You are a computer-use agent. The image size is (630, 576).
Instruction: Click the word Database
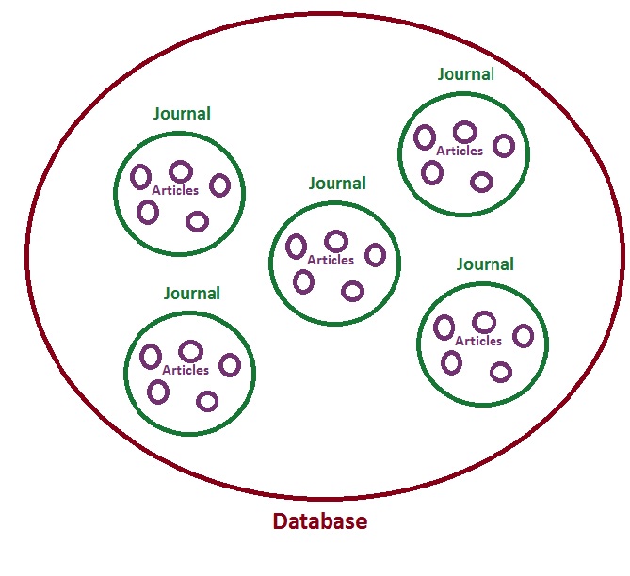coord(319,520)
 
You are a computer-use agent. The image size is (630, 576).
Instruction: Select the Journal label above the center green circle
coord(337,184)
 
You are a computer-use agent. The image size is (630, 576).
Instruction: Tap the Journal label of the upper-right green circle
coord(465,73)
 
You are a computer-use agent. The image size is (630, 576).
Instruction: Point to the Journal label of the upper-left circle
coord(182,114)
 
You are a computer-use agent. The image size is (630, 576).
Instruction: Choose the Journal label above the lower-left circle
coord(191,293)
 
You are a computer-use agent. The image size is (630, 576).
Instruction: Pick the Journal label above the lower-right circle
coord(485,264)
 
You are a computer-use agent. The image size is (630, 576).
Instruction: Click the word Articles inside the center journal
coord(331,260)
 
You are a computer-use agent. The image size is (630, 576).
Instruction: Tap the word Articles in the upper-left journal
coord(175,190)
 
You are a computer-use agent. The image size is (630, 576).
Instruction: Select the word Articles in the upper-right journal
coord(460,151)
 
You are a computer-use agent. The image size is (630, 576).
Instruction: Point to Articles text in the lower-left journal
coord(186,370)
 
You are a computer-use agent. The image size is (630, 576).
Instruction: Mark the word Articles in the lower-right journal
coord(478,341)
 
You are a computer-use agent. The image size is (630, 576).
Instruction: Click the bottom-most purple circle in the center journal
coord(352,291)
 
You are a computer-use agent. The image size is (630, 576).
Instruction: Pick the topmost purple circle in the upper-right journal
coord(463,132)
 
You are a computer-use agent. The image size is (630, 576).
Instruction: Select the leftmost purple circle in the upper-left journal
coord(140,176)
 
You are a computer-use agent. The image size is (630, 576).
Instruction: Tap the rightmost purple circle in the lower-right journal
coord(523,336)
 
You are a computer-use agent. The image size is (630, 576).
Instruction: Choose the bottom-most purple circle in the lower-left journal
coord(207,402)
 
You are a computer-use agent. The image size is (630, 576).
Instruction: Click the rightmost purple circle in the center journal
coord(375,254)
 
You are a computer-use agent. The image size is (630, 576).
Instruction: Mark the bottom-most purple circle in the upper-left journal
coord(197,221)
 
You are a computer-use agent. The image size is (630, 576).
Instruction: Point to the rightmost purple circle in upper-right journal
coord(504,146)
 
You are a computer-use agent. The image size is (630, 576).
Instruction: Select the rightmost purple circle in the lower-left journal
coord(230,365)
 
